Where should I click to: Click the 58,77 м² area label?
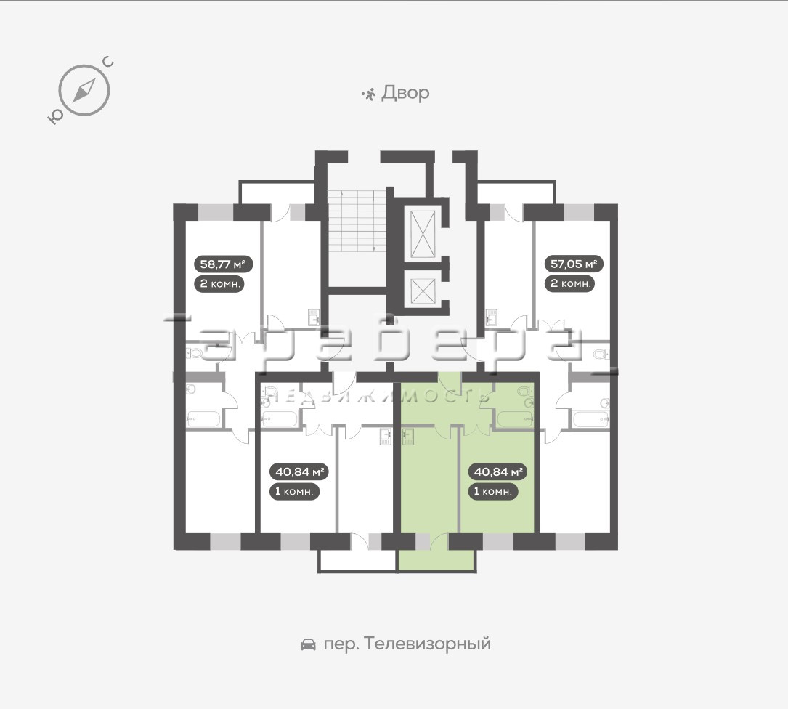tap(223, 264)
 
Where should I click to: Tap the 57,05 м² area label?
tap(574, 264)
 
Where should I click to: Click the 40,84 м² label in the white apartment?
tap(299, 471)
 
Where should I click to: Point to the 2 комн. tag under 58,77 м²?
tap(220, 283)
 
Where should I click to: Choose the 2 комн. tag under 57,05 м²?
tap(570, 283)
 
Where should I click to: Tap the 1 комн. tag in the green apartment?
tap(493, 491)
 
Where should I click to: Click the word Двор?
tap(405, 93)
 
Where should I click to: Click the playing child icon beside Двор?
tap(368, 94)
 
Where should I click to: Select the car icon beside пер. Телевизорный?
tap(308, 644)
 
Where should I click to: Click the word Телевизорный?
tap(426, 644)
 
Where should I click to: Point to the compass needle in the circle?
tap(84, 91)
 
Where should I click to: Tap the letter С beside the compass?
tap(108, 63)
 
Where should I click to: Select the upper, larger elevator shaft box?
tap(423, 235)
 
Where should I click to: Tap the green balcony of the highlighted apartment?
tap(436, 560)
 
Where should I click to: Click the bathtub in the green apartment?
tap(515, 419)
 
